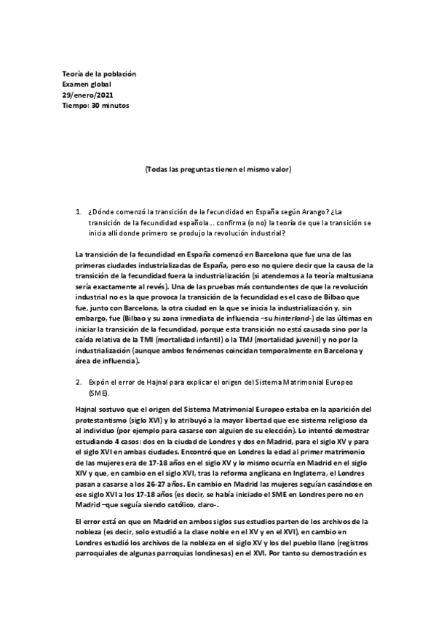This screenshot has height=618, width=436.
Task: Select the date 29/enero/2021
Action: pyautogui.click(x=88, y=95)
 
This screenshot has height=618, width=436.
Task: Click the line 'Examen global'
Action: pyautogui.click(x=87, y=85)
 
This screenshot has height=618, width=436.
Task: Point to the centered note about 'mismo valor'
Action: pyautogui.click(x=218, y=169)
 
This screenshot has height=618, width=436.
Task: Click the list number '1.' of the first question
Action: pyautogui.click(x=79, y=212)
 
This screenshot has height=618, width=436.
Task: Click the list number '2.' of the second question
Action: pyautogui.click(x=79, y=381)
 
